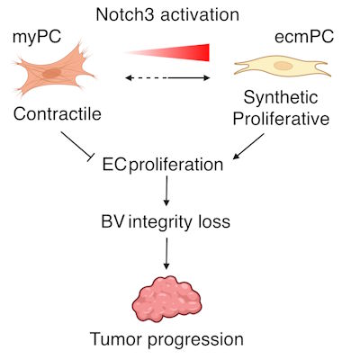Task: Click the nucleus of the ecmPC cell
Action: (283, 66)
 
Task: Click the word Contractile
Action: (55, 115)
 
